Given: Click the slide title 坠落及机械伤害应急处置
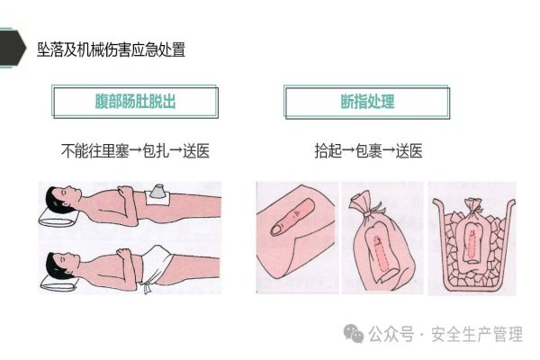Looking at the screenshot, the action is click(x=111, y=49).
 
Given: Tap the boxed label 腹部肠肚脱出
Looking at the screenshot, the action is click(x=135, y=102).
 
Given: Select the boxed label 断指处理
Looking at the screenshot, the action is click(x=367, y=102).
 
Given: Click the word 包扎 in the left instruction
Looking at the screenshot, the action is click(x=156, y=150).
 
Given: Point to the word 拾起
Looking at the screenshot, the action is click(x=328, y=150).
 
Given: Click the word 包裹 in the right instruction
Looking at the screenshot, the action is click(x=368, y=150).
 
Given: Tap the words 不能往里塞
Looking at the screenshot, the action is click(x=95, y=150).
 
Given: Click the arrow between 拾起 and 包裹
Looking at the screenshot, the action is click(x=348, y=150).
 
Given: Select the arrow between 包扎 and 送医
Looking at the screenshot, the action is click(x=176, y=150).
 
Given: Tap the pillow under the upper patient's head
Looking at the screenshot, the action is click(x=58, y=217).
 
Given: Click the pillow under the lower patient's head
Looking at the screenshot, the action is click(x=58, y=281).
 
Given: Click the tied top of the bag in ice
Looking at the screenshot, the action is click(x=473, y=206).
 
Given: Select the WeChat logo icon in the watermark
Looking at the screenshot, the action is click(x=354, y=333).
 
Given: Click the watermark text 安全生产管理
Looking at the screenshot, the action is click(x=477, y=334).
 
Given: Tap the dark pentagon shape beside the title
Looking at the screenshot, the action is click(x=13, y=48).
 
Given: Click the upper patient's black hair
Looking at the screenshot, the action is click(x=55, y=199).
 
